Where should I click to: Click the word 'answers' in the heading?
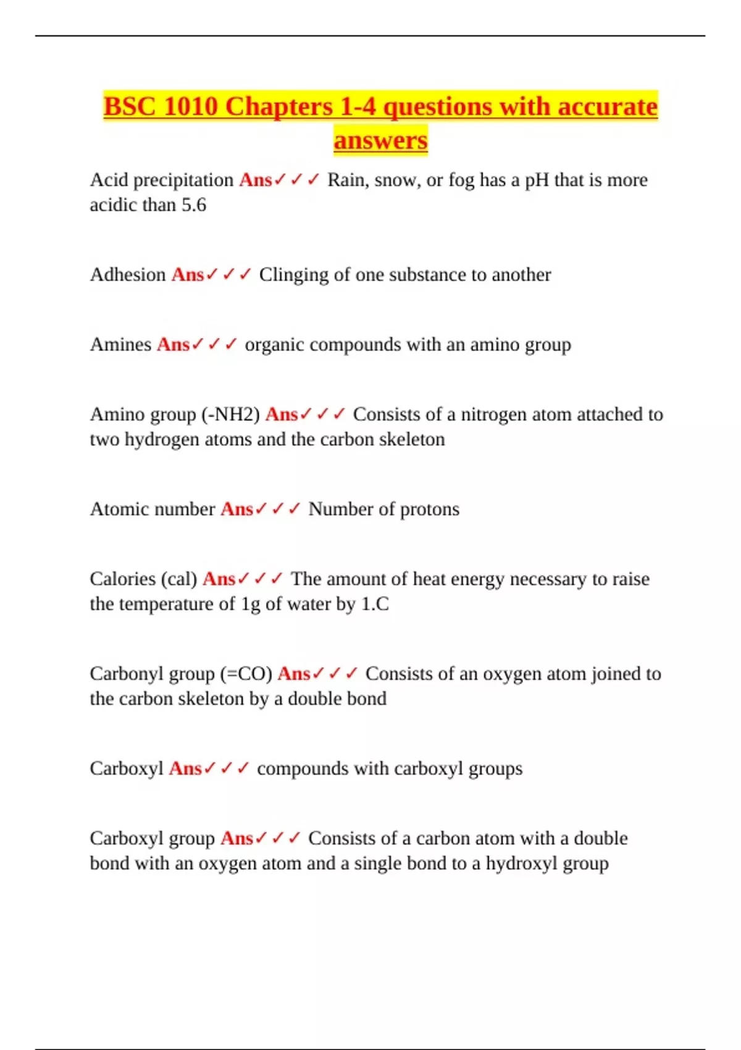[380, 140]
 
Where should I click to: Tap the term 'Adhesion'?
[128, 275]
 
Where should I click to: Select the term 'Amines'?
[120, 345]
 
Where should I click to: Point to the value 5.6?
[193, 205]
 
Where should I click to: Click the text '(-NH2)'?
[230, 414]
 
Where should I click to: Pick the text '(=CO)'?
[246, 674]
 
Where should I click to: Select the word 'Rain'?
[346, 180]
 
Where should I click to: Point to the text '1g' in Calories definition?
[251, 604]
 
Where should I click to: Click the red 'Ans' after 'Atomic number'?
[237, 510]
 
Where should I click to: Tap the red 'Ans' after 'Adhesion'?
[188, 275]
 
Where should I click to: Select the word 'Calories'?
[122, 579]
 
